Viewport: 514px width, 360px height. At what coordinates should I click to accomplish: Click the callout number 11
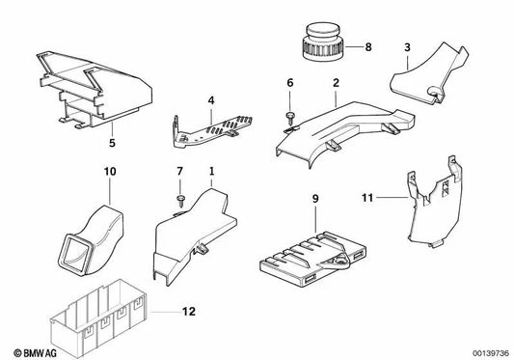(367, 198)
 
